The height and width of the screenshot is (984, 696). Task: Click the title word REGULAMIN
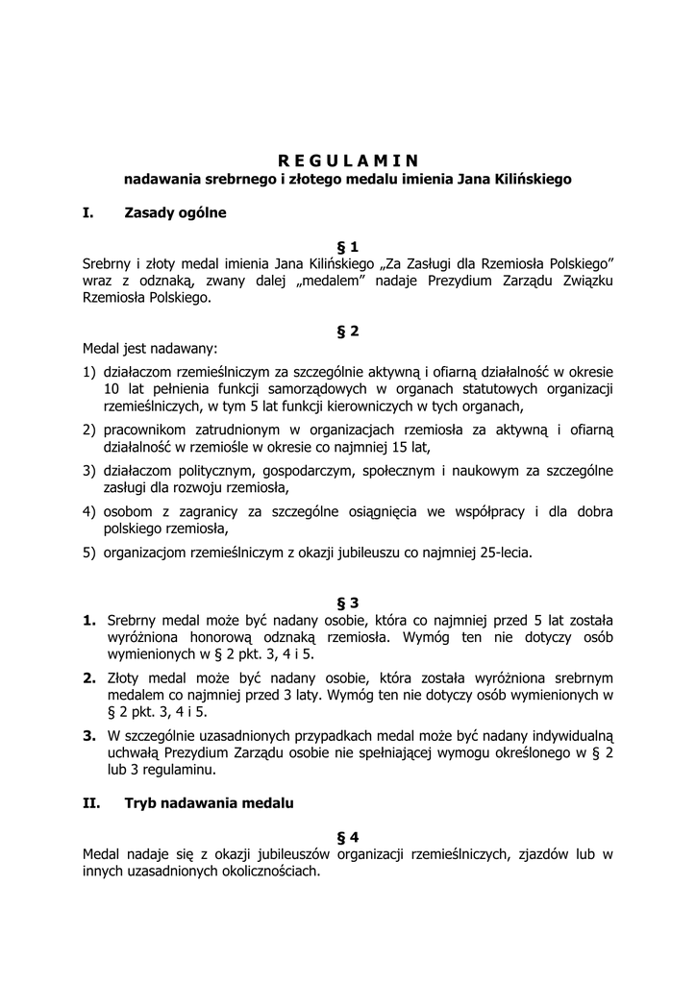coord(348,160)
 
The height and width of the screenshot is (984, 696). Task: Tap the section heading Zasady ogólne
coord(175,212)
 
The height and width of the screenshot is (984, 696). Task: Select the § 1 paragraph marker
coord(348,247)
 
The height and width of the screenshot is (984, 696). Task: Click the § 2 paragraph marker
coord(348,332)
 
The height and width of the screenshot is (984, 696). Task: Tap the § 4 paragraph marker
coord(348,836)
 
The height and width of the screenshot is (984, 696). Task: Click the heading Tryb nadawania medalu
coord(209,801)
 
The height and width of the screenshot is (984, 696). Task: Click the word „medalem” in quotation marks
coord(310,281)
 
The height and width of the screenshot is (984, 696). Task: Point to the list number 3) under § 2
coord(89,471)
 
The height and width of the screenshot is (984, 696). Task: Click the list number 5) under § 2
coord(89,553)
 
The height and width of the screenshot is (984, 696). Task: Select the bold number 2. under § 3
coord(89,677)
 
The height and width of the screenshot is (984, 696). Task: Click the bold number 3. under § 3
coord(89,736)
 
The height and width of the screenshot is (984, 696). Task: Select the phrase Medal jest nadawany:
coord(149,349)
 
